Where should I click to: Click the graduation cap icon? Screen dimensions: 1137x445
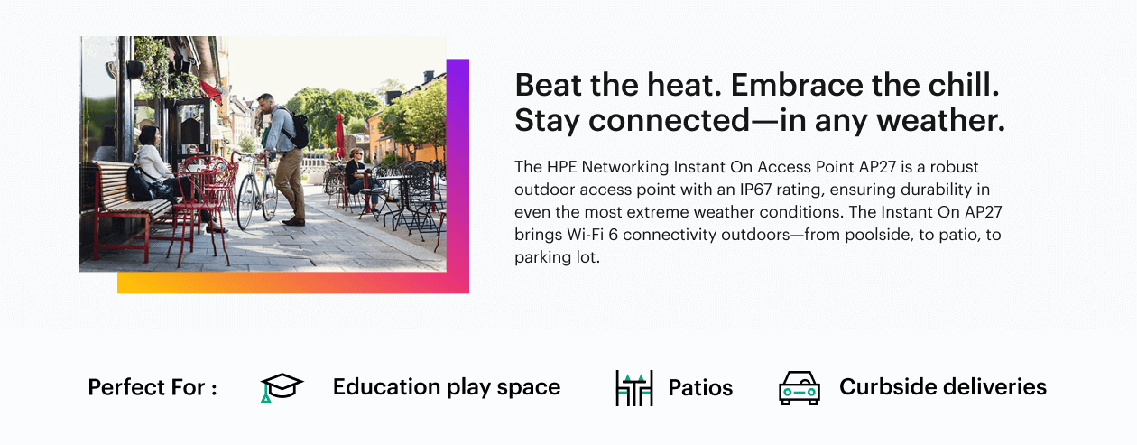(282, 387)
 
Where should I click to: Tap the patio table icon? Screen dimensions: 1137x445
(634, 388)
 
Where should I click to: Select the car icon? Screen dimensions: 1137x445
(800, 388)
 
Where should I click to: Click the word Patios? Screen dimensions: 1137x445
(700, 387)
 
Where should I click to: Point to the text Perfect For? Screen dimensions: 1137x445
(147, 387)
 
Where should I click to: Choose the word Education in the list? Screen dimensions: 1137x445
(387, 386)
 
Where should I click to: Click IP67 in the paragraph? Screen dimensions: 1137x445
(756, 190)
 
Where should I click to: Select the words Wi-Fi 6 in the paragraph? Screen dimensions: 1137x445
(592, 234)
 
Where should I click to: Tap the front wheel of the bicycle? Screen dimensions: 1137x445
(245, 201)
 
